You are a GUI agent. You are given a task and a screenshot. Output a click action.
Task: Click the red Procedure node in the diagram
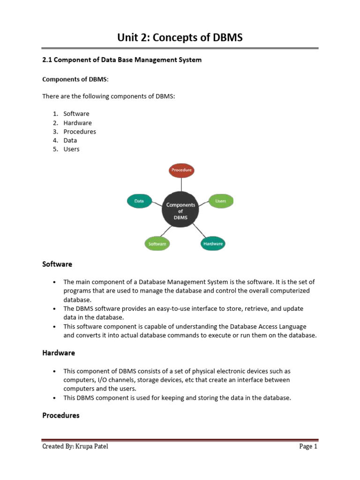181,170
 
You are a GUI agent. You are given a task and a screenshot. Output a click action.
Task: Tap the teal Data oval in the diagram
139,201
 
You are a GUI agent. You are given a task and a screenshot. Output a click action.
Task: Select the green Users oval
220,201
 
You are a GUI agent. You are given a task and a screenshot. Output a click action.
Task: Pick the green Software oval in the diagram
157,244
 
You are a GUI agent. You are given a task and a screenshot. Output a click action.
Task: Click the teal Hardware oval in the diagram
213,244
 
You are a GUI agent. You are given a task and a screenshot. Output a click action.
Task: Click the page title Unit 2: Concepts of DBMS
180,38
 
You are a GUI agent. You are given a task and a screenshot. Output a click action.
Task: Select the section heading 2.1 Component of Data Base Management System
122,60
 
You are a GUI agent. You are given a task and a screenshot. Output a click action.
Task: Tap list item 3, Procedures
80,132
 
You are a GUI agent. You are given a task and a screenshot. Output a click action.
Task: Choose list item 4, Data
70,140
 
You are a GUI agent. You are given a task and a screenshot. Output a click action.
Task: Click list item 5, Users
72,149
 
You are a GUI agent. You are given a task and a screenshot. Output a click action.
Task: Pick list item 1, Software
76,114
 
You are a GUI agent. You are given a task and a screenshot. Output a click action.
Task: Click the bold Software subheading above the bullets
57,264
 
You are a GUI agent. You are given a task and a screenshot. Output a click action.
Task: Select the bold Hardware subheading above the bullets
59,352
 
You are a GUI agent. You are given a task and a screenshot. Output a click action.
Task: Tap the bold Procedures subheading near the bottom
61,415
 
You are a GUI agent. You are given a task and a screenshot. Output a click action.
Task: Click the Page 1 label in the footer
308,447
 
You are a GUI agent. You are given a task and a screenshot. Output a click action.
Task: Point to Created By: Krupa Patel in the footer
75,447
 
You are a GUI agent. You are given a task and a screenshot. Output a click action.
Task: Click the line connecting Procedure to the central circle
181,185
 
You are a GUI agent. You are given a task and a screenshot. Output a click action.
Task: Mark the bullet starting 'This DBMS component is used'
177,397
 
